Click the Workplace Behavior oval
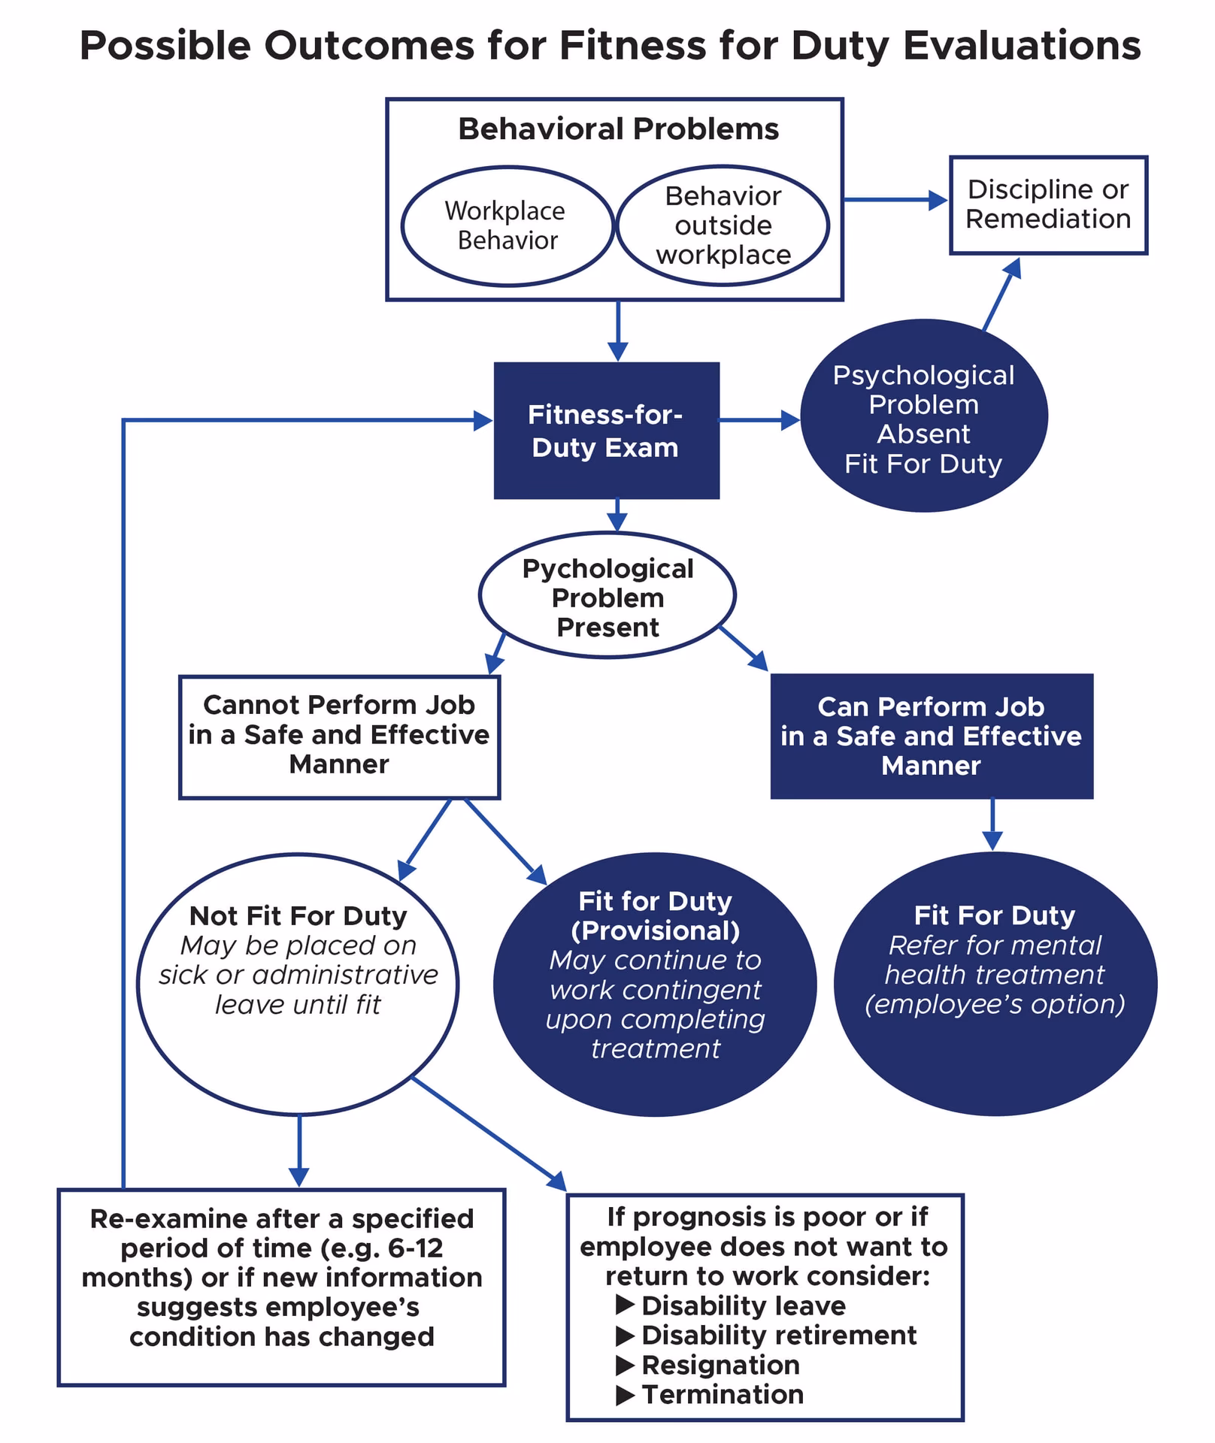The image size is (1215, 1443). (x=507, y=225)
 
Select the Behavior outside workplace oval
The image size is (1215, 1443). (x=723, y=225)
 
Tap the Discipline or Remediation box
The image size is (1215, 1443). (x=1048, y=204)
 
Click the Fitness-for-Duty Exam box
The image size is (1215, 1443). (x=606, y=431)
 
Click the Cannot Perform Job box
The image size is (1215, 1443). (x=339, y=736)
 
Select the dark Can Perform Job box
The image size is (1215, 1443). (x=931, y=736)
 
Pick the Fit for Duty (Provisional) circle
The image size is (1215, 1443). (x=655, y=985)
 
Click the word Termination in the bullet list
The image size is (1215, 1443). (x=722, y=1394)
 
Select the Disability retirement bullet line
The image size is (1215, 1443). (x=778, y=1335)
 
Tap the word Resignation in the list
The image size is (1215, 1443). (x=720, y=1365)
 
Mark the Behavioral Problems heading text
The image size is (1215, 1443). (x=618, y=129)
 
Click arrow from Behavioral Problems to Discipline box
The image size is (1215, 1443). (x=895, y=200)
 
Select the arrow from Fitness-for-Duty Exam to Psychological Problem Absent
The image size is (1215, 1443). (x=759, y=419)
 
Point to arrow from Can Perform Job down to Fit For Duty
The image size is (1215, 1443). (x=992, y=824)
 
